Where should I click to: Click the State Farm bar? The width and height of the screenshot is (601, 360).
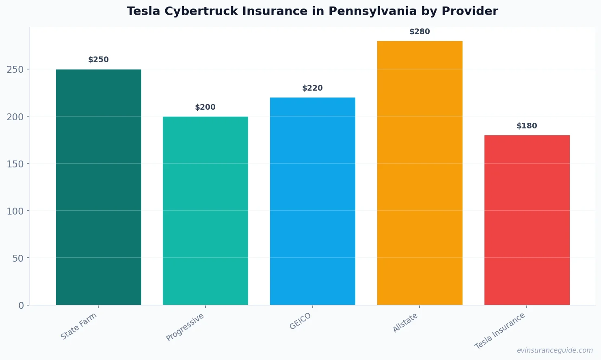[99, 187]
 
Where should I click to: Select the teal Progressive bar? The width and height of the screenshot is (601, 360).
[205, 210]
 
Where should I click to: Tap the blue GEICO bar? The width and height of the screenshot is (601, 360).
[313, 201]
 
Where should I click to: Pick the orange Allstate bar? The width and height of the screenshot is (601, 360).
[419, 173]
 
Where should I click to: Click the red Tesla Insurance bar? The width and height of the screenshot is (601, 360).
[527, 220]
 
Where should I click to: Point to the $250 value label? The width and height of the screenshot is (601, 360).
[99, 60]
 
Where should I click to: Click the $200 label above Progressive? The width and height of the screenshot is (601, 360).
[205, 107]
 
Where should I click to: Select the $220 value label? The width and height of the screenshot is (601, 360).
[313, 88]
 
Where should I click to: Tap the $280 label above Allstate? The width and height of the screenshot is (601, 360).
[419, 32]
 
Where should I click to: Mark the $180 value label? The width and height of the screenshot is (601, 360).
[527, 126]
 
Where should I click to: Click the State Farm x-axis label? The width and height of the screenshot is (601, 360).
[79, 326]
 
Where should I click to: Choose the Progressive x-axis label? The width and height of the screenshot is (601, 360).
[185, 327]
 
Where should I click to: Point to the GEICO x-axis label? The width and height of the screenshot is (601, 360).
[300, 321]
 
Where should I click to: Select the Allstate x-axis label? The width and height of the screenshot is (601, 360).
[405, 323]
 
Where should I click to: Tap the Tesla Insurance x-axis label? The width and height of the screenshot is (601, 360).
[500, 331]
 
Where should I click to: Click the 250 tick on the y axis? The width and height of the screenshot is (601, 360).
[15, 69]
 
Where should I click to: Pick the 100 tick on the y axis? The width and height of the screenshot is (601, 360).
[15, 211]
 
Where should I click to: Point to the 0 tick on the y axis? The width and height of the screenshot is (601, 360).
[21, 306]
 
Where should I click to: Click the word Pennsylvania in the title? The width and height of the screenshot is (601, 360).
[372, 11]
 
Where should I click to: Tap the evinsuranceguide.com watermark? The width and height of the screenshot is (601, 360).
[555, 350]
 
